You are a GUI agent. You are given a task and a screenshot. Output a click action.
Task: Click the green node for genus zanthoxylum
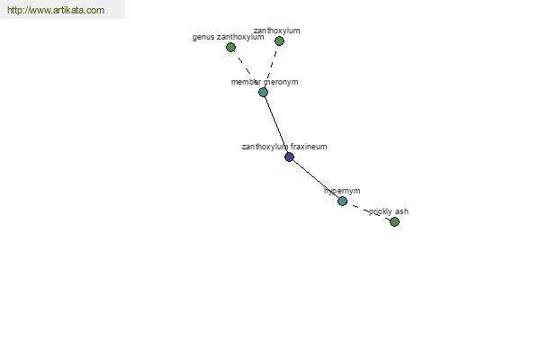tap(230, 47)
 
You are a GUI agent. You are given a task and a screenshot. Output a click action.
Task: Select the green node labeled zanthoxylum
tap(279, 41)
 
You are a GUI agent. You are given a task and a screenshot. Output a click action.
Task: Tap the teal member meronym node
tap(263, 93)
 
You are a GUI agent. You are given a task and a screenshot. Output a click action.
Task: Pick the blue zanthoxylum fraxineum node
tap(289, 157)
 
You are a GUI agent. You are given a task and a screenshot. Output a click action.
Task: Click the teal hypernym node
tap(342, 202)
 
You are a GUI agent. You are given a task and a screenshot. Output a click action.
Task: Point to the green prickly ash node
tap(395, 221)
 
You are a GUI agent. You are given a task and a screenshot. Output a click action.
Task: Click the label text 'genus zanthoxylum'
tap(228, 37)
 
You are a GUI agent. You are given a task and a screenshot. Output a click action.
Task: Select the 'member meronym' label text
tap(265, 82)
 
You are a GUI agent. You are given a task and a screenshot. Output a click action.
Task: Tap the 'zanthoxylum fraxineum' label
tap(284, 147)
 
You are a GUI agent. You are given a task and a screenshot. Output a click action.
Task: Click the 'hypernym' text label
tap(342, 191)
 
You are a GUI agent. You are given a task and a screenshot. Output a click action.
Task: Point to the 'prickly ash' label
tap(389, 211)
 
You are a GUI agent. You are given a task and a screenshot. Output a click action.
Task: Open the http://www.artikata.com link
tap(56, 10)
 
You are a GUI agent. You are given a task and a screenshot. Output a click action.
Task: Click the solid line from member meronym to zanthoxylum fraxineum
tap(276, 125)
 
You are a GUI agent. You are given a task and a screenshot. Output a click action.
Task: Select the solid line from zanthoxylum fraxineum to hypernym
tap(316, 179)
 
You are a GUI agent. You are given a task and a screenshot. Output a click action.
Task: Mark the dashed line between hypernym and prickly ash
tap(368, 211)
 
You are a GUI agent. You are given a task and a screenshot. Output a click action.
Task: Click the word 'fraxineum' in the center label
tap(309, 147)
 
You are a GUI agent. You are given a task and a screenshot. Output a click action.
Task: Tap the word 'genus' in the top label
tap(202, 37)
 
